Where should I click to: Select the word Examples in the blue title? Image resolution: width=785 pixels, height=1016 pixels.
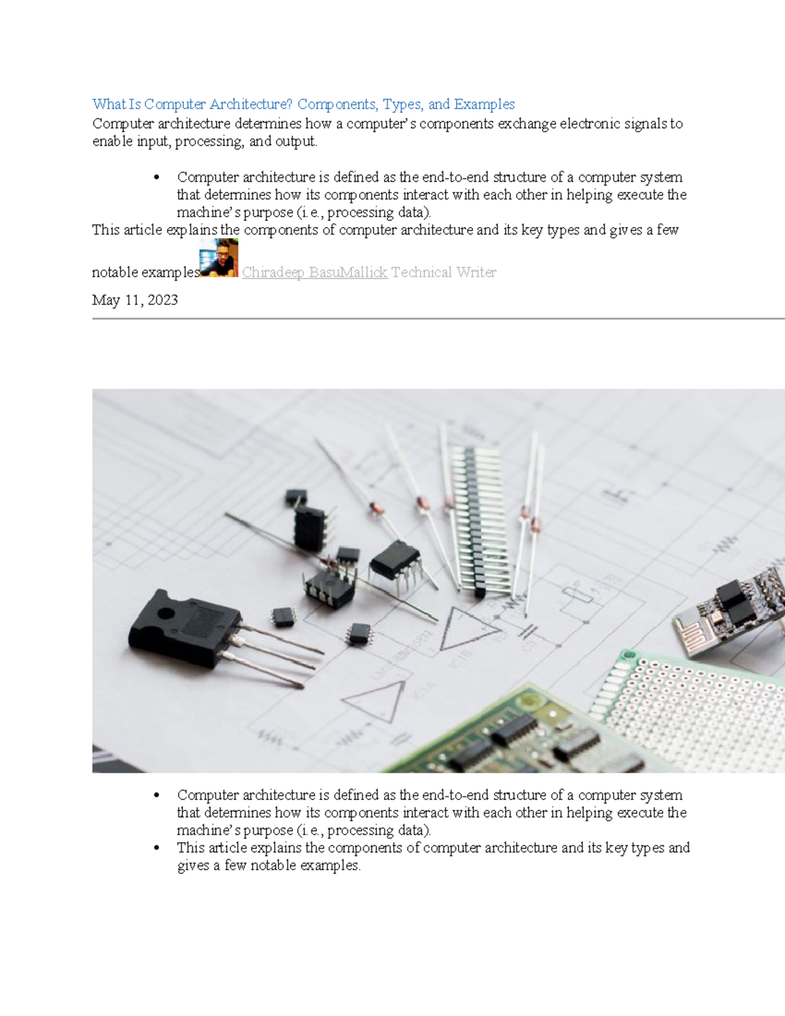pos(484,104)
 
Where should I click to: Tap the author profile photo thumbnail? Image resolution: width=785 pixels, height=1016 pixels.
pos(218,258)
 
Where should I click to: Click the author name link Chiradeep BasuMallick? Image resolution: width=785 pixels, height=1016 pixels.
pos(315,273)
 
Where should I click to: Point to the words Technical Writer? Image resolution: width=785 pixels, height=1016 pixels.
pos(444,273)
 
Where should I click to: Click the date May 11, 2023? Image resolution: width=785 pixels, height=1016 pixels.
pos(135,300)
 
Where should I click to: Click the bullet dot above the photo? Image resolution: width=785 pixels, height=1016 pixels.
pos(156,178)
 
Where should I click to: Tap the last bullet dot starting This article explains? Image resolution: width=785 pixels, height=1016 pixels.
pos(156,849)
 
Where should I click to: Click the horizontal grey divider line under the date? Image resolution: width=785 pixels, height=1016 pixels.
pos(438,319)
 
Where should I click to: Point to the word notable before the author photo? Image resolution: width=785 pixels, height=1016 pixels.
pos(115,273)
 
